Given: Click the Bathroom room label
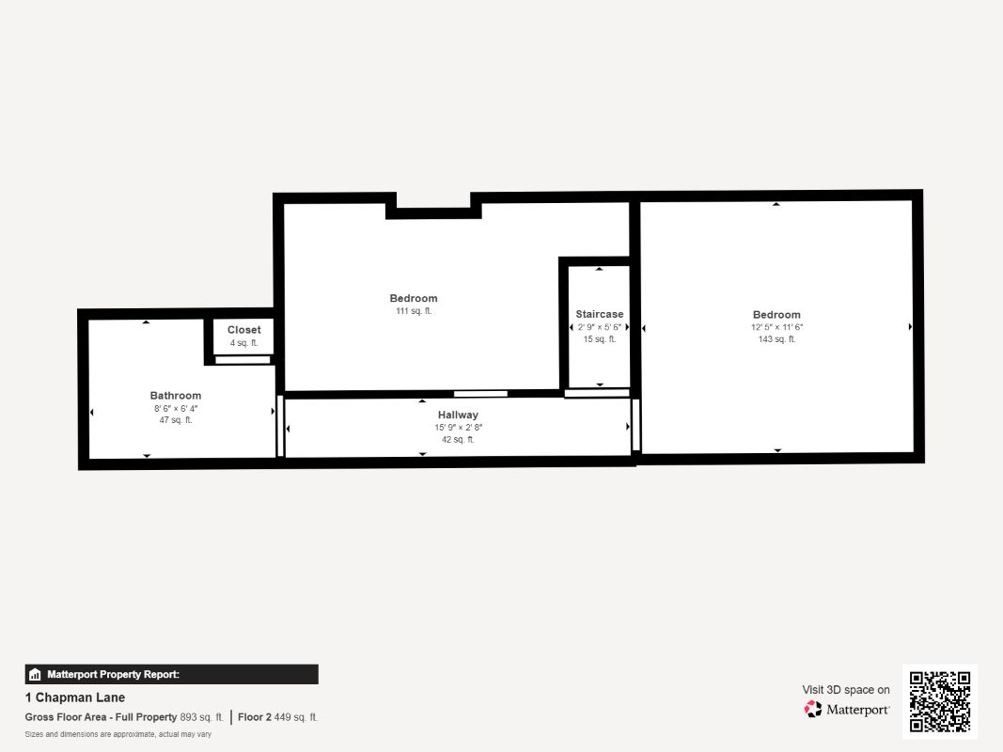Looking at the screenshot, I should pos(176,396).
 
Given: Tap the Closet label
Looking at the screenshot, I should pos(244,330).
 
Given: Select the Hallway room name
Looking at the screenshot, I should pos(458,415).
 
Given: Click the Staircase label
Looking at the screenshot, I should pos(600,314).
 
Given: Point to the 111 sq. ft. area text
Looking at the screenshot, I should pos(415,311).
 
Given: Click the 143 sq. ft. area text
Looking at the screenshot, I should pos(776,339).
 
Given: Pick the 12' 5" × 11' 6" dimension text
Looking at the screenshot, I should pos(776,327).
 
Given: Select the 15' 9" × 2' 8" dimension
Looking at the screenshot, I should pos(458,428).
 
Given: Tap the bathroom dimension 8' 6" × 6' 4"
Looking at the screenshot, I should pos(176,408).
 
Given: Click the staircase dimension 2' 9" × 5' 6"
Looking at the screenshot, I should pos(600,327).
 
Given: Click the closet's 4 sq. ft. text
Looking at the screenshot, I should pos(244,343).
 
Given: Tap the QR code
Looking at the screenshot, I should pos(939,701).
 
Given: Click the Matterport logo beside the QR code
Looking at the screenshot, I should pos(847,709).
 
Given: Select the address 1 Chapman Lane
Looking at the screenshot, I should pos(75,697).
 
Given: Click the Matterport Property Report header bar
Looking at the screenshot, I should pos(171,674).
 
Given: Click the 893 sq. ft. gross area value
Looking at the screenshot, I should pos(201,717).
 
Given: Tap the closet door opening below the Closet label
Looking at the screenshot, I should pos(243,359).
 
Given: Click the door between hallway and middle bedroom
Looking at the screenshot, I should pos(480,394).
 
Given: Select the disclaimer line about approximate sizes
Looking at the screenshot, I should pos(118,734).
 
